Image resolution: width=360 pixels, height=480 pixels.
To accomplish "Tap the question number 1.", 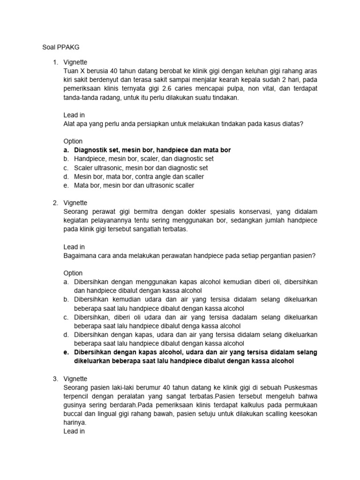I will click(x=55, y=62).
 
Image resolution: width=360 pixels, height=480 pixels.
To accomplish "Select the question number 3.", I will click(x=55, y=379).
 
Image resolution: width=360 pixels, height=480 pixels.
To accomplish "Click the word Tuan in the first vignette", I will click(x=71, y=71).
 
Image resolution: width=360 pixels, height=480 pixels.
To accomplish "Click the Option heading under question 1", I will click(x=73, y=141).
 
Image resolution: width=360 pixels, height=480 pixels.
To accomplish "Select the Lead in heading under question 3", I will click(x=74, y=431).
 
